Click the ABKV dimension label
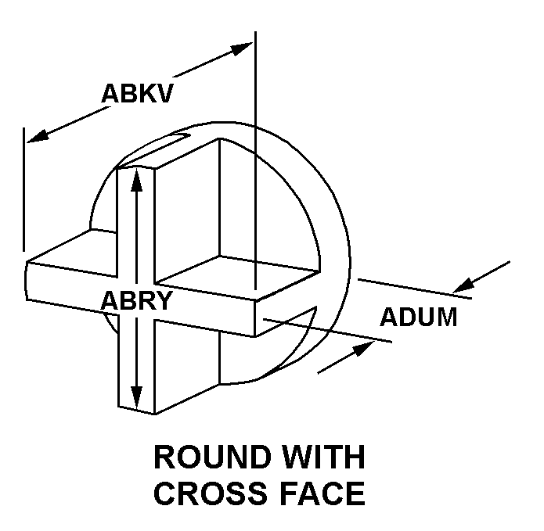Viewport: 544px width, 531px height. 137,93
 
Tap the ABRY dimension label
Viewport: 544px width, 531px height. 135,301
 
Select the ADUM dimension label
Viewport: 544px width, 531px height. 418,318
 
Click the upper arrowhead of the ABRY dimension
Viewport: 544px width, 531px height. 137,179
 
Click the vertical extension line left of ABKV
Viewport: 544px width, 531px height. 24,188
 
